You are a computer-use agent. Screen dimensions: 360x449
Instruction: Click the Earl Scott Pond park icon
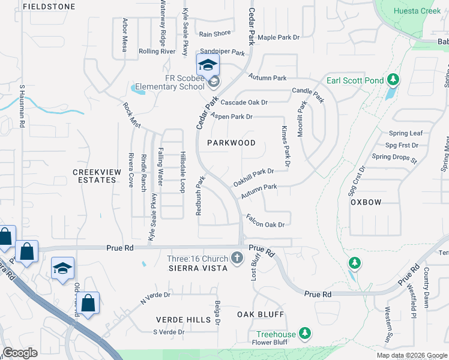(x=393, y=80)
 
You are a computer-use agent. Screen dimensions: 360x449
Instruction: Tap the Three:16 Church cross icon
(x=237, y=259)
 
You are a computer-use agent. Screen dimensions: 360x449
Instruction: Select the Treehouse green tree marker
(x=305, y=333)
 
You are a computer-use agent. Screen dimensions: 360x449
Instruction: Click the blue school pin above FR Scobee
(x=208, y=65)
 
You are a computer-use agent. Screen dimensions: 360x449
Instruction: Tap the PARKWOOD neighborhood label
(x=231, y=143)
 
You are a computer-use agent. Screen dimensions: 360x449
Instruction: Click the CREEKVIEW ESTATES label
(x=97, y=176)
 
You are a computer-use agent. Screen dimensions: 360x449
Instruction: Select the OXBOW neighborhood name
(x=366, y=202)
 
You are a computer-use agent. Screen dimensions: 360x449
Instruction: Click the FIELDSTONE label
(x=49, y=7)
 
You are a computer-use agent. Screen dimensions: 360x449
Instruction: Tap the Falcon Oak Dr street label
(x=264, y=224)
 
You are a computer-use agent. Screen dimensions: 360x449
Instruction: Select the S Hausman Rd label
(x=22, y=105)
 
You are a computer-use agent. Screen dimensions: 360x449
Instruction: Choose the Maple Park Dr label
(x=278, y=37)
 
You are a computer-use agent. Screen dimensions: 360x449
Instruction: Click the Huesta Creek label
(x=417, y=11)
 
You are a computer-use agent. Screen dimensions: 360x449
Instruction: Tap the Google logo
(x=20, y=353)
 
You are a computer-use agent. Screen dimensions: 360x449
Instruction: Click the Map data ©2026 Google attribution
(x=411, y=355)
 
